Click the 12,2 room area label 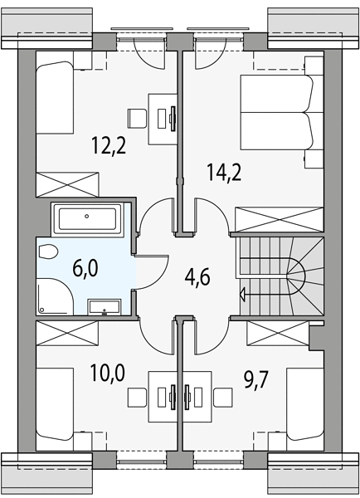pyautogui.click(x=109, y=144)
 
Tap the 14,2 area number pyautogui.click(x=224, y=172)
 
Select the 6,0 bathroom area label pyautogui.click(x=85, y=268)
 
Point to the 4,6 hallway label pyautogui.click(x=197, y=276)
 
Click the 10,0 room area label pyautogui.click(x=108, y=373)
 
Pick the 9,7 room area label pyautogui.click(x=256, y=379)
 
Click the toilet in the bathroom pyautogui.click(x=47, y=251)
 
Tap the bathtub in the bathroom pyautogui.click(x=86, y=218)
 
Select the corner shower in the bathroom pyautogui.click(x=55, y=296)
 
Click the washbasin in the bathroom pyautogui.click(x=105, y=307)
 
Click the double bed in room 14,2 pyautogui.click(x=277, y=112)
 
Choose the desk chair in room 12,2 pyautogui.click(x=137, y=119)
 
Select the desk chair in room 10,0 pyautogui.click(x=137, y=398)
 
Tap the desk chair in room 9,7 pyautogui.click(x=223, y=398)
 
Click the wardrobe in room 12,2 pyautogui.click(x=68, y=184)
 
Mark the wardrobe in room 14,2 pyautogui.click(x=279, y=219)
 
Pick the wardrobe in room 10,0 pyautogui.click(x=67, y=333)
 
